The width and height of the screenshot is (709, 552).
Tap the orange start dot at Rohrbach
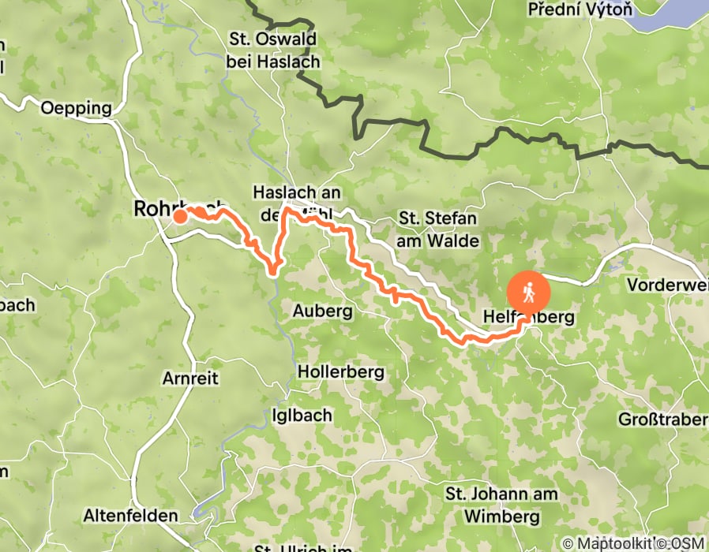(180, 216)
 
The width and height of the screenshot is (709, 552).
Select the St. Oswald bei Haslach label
(272, 50)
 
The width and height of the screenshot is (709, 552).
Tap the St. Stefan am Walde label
(438, 229)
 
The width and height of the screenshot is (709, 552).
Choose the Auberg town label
(322, 311)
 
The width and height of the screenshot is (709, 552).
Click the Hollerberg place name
(340, 371)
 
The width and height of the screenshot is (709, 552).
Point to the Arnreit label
(189, 379)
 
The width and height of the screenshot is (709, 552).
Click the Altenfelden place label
(130, 516)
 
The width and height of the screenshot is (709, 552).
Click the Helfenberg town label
(524, 317)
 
